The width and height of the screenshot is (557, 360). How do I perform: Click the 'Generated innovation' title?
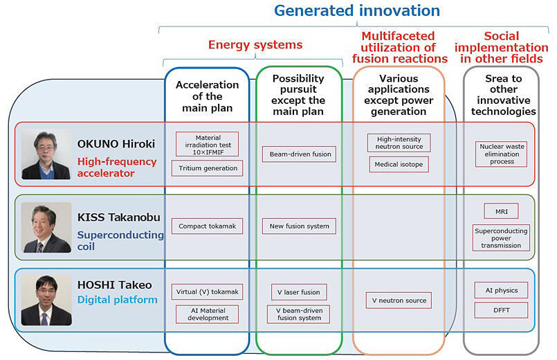357,10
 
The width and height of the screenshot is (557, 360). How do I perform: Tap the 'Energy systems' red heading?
255,45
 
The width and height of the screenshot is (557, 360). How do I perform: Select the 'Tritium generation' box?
207,168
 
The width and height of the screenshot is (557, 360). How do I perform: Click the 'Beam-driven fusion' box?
299,154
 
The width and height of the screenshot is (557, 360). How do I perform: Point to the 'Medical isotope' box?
399,165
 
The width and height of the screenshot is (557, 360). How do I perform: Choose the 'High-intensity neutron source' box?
399,143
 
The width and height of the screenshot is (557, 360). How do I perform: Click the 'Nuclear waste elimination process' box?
501,154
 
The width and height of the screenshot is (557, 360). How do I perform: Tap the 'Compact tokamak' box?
207,226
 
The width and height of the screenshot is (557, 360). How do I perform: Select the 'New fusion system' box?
299,226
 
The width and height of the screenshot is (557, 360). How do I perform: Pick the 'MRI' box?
501,211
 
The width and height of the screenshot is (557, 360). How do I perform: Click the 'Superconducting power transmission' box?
501,237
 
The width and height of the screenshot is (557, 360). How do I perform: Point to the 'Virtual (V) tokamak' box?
207,291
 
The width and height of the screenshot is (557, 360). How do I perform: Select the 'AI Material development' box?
207,314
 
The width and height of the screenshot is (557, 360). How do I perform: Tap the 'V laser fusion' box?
299,292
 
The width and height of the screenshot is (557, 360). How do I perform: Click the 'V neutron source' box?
399,300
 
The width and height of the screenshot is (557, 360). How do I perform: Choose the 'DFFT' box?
501,310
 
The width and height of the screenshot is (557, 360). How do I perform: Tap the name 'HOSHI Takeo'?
114,285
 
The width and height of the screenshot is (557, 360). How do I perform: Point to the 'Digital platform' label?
117,300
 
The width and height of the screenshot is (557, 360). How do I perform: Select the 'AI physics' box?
501,290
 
